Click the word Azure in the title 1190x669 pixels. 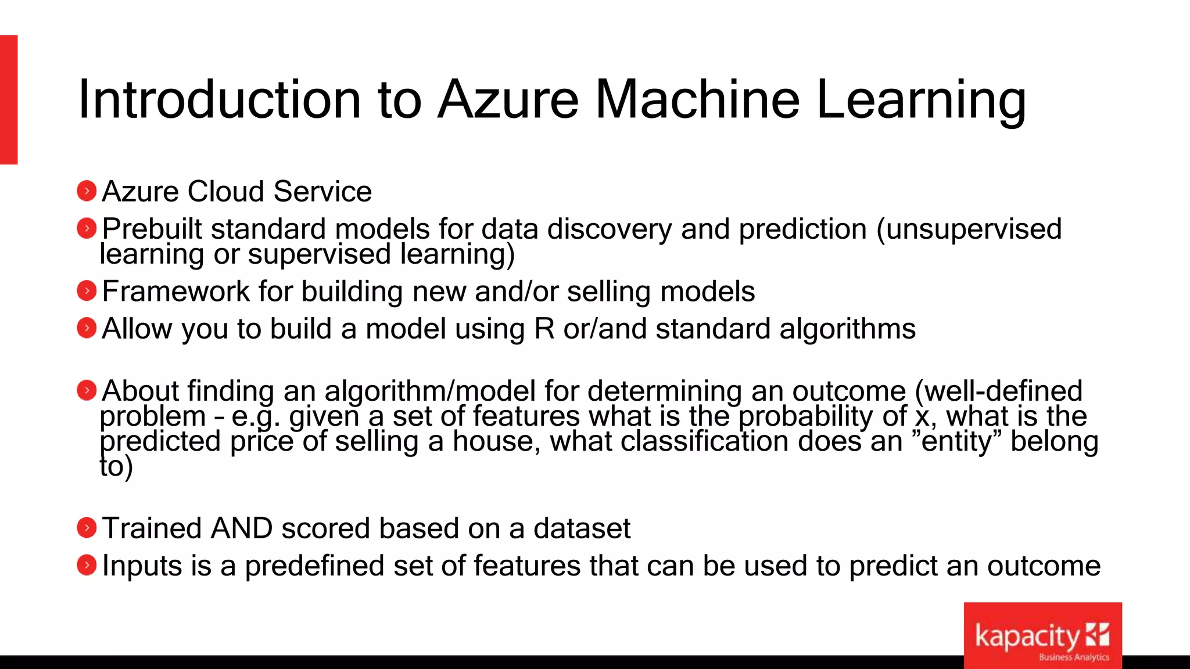pos(508,100)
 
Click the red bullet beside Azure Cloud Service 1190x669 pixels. pos(87,191)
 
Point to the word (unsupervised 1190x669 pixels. pos(969,229)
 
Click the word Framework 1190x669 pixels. pos(175,292)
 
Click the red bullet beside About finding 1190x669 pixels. pos(87,390)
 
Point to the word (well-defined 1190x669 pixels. pos(998,390)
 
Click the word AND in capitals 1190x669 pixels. pos(242,528)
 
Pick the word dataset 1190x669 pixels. pos(582,528)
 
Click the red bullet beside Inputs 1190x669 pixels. pos(87,565)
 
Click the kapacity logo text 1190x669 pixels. pos(1027,636)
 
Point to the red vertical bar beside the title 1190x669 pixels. pos(9,100)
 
